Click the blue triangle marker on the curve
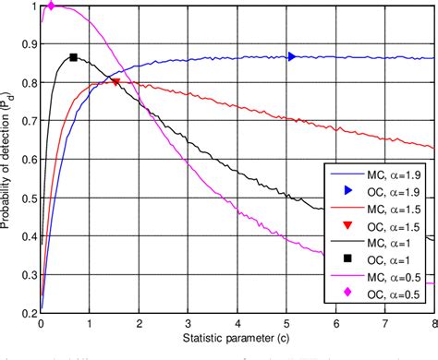292,56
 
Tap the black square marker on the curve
73,57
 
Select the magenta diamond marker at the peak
51,6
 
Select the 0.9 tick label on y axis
28,44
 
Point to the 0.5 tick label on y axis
28,197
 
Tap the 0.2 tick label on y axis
28,311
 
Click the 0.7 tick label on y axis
28,120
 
